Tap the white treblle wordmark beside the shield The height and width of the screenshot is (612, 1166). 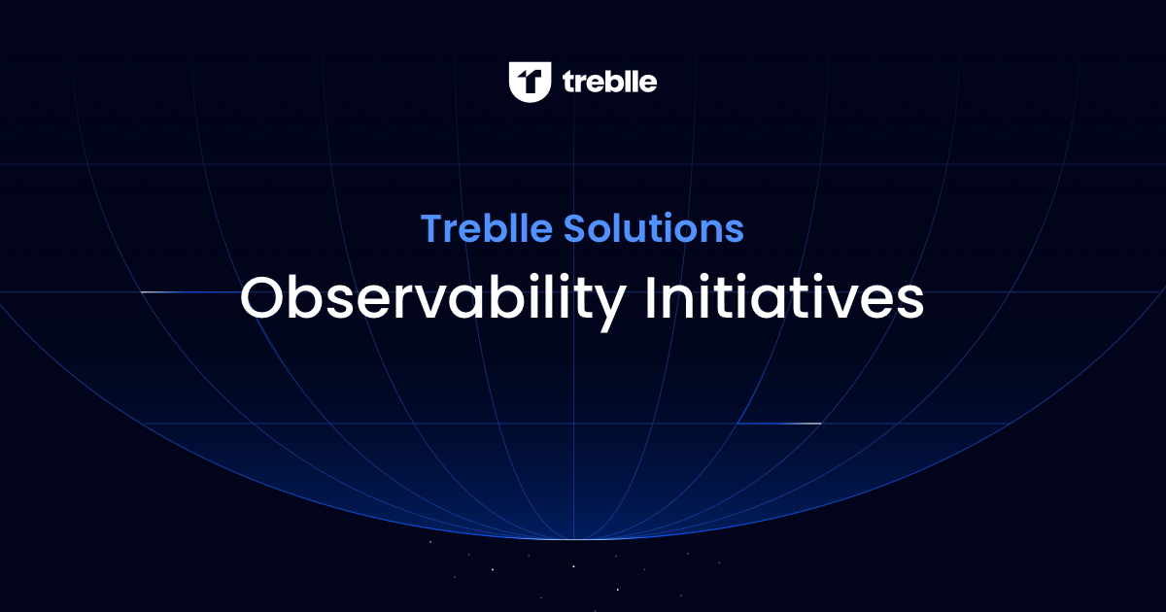tap(610, 83)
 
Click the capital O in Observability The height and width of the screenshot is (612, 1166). tap(261, 298)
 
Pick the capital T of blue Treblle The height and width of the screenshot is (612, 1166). tap(430, 229)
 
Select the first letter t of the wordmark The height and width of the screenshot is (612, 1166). tap(569, 83)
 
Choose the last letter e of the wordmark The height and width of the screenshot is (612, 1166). tap(647, 85)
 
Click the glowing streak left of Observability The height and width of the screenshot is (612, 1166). tap(175, 291)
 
